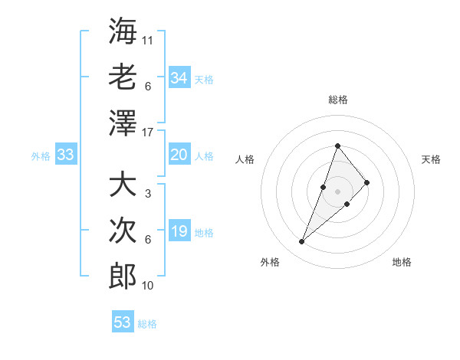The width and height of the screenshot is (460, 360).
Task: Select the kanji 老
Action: pos(123,77)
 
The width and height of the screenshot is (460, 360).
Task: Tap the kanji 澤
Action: pos(123,123)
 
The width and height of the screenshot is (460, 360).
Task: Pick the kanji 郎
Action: pos(123,276)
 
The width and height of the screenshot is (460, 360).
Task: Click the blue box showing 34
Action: pos(179,77)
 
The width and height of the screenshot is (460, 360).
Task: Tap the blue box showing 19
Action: pos(179,231)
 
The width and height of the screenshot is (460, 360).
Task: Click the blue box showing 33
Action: pos(65,155)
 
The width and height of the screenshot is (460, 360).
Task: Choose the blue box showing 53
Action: pos(123,322)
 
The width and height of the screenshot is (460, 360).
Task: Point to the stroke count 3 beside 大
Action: pos(148,194)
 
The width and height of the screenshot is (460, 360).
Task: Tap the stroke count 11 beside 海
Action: pos(148,39)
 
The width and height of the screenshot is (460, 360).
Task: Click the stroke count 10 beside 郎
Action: pos(148,286)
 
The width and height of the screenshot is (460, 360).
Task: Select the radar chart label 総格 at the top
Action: pos(338,100)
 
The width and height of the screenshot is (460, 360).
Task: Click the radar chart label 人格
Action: pos(245,159)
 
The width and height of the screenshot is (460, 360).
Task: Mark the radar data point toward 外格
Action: pos(302,242)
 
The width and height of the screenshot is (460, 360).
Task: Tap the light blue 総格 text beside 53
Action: pos(147,324)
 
